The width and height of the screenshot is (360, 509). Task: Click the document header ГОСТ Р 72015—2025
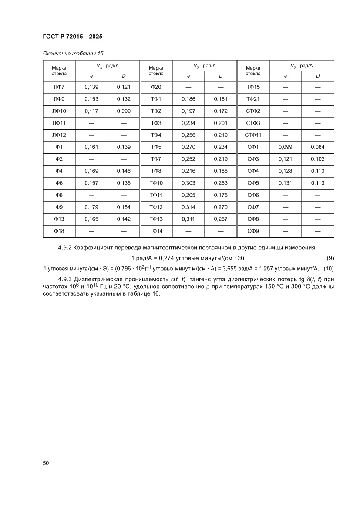(72, 37)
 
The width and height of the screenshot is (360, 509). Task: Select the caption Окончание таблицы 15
(73, 54)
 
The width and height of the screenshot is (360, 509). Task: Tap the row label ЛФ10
(59, 111)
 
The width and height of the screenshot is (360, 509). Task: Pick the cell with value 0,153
(91, 99)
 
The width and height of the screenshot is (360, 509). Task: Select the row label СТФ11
(253, 135)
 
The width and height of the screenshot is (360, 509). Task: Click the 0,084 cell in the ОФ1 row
(318, 147)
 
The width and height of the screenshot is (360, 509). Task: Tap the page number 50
(46, 463)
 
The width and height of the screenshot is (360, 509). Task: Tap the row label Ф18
(59, 231)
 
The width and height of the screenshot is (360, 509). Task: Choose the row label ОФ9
(253, 231)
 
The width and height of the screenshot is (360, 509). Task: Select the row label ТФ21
(253, 99)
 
